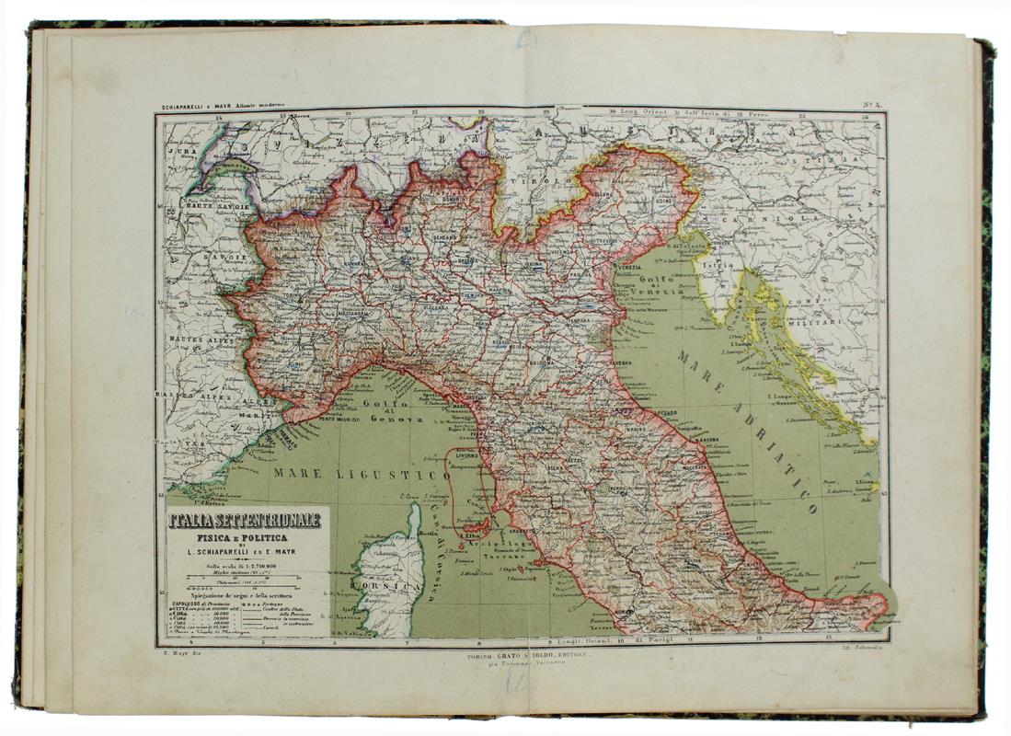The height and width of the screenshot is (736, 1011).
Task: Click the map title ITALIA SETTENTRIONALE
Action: click(244, 520)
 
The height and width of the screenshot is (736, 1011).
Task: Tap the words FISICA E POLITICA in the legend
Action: click(242, 537)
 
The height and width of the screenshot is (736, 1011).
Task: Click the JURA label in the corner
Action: click(180, 146)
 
